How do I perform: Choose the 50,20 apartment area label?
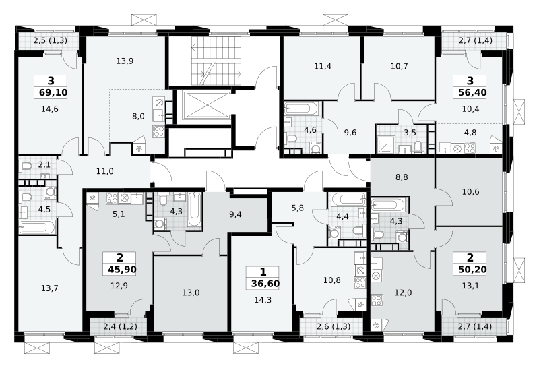click(x=472, y=270)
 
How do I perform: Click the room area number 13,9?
click(x=125, y=61)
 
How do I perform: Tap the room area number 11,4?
click(x=323, y=66)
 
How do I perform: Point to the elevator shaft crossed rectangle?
click(x=205, y=104)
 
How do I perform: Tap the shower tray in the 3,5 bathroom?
click(x=386, y=144)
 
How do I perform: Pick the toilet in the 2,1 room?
click(x=26, y=166)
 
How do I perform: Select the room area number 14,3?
click(x=263, y=300)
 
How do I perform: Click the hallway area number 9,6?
click(x=350, y=133)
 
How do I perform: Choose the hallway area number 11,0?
click(x=105, y=171)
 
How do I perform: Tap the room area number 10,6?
click(x=470, y=191)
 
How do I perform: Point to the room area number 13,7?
click(x=49, y=288)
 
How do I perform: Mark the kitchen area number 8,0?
click(x=138, y=116)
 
